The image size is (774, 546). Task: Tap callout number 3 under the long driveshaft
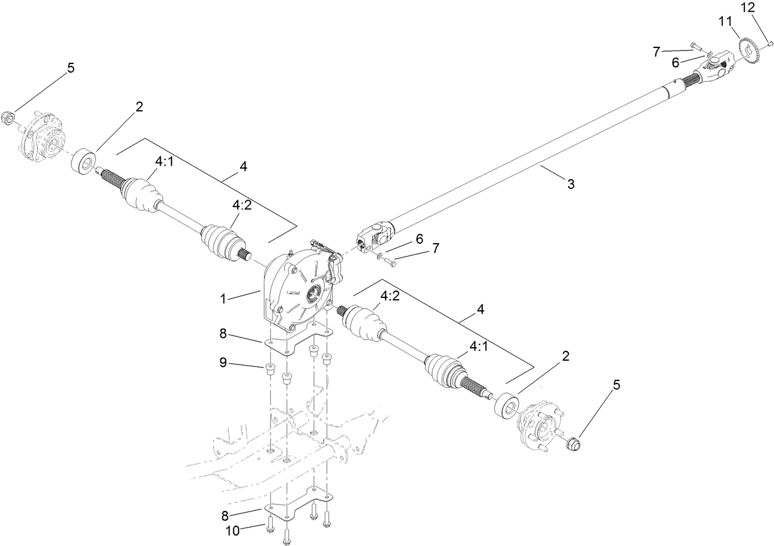point(570,184)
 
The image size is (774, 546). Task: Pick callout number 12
point(747,8)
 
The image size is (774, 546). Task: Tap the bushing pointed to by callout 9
point(269,369)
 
